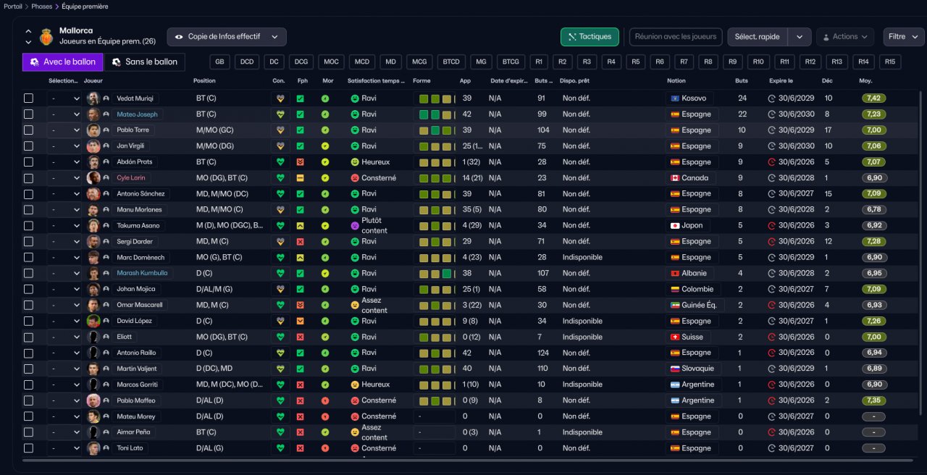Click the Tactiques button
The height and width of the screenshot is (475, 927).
coord(590,36)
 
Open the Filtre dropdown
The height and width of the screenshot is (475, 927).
coord(903,36)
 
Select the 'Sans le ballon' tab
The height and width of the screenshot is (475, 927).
coord(145,62)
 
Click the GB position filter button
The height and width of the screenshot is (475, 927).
coord(220,62)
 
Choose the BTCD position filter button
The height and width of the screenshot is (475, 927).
coord(453,62)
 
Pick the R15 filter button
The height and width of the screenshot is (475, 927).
coord(890,62)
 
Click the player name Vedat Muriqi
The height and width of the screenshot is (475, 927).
coord(135,98)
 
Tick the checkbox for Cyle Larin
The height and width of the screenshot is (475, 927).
coord(28,178)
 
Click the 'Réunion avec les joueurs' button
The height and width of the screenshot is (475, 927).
coord(676,36)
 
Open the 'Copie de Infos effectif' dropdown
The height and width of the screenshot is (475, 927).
coord(227,36)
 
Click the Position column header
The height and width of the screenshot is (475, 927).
coord(204,80)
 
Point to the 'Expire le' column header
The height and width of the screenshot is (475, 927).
coord(781,80)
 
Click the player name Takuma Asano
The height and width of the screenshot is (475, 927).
coord(138,226)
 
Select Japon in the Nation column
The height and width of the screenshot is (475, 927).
coord(687,226)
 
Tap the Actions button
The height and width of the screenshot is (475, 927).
coord(844,36)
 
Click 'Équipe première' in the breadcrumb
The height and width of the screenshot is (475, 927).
coord(85,6)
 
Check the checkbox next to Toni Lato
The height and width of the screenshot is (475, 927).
coord(28,448)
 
